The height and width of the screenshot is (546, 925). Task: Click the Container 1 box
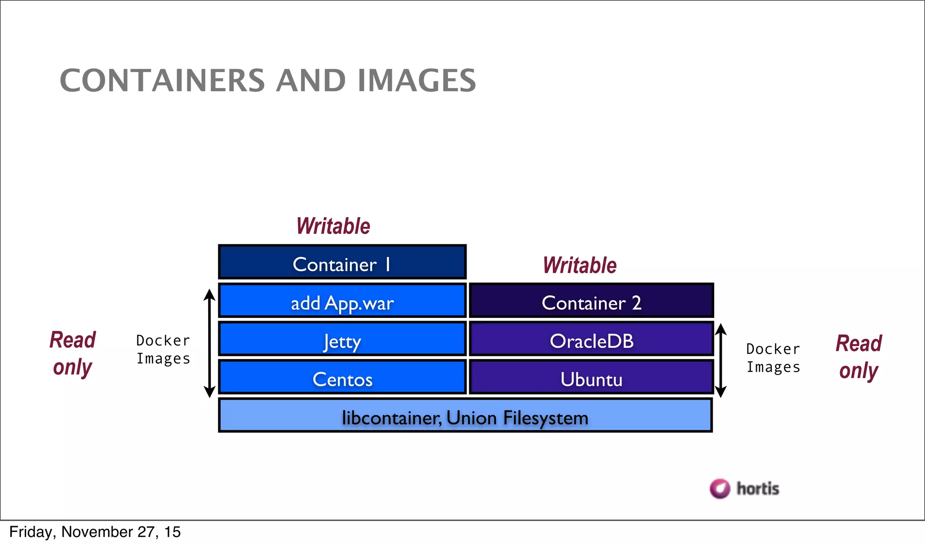(x=342, y=262)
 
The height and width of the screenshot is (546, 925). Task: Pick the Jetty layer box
(x=342, y=339)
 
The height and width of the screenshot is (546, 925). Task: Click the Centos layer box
(x=342, y=378)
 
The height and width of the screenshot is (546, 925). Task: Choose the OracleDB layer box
(x=591, y=339)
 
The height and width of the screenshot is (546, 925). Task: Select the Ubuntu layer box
(x=591, y=378)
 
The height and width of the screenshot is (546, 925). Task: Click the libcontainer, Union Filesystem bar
(x=465, y=416)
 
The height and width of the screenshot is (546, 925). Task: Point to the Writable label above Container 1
(x=333, y=226)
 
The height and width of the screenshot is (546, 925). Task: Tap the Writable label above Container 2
(x=580, y=266)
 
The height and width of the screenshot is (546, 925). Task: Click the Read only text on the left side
(x=73, y=353)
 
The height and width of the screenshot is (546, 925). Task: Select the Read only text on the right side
(x=859, y=357)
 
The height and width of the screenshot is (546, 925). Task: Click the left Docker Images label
(x=163, y=350)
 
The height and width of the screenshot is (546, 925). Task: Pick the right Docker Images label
(x=773, y=358)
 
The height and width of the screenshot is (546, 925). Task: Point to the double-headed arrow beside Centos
(x=209, y=343)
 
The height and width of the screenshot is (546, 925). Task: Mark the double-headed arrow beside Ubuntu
(x=721, y=360)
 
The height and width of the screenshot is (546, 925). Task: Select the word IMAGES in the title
(x=416, y=81)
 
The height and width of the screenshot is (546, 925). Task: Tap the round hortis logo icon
(x=720, y=489)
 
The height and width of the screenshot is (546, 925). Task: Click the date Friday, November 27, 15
(x=95, y=532)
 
